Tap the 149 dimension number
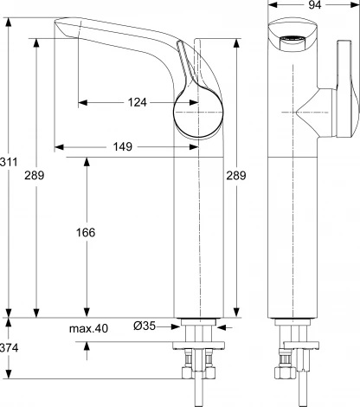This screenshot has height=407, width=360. (x=122, y=147)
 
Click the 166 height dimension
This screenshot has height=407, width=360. (x=86, y=232)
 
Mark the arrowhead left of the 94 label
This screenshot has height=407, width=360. (x=268, y=6)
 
